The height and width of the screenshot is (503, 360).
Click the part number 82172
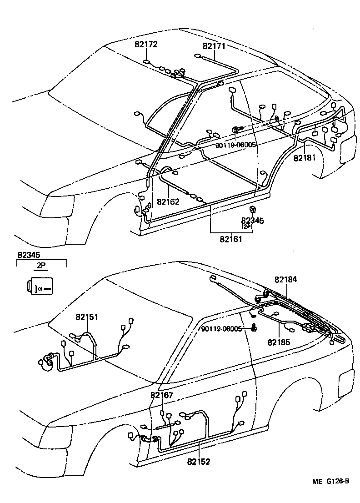pyautogui.click(x=145, y=45)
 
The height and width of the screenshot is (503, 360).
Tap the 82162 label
pyautogui.click(x=168, y=201)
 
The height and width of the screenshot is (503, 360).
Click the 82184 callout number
pyautogui.click(x=285, y=279)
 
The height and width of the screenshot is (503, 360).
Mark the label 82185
pyautogui.click(x=278, y=342)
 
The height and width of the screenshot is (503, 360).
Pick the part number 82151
pyautogui.click(x=87, y=317)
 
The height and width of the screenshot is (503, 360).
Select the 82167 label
pyautogui.click(x=162, y=395)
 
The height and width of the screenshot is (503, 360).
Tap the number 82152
pyautogui.click(x=198, y=461)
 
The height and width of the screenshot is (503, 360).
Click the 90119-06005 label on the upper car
pyautogui.click(x=236, y=145)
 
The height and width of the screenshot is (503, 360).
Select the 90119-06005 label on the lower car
pyautogui.click(x=222, y=329)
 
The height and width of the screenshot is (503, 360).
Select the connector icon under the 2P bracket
pyautogui.click(x=39, y=287)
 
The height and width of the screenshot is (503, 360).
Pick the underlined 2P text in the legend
pyautogui.click(x=41, y=267)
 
